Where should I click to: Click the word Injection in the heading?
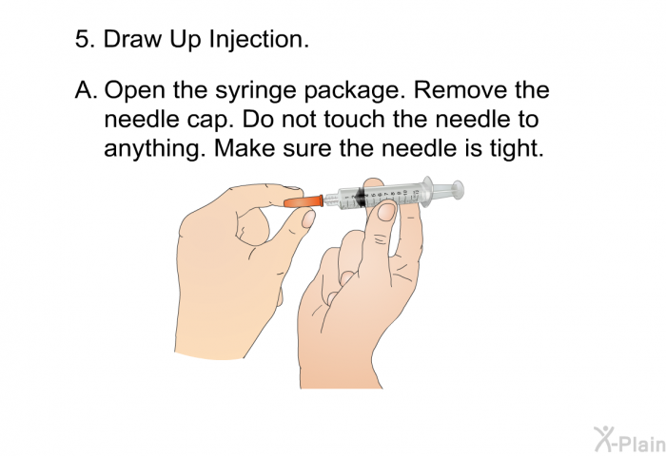pyautogui.click(x=256, y=40)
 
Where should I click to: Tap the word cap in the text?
pyautogui.click(x=214, y=123)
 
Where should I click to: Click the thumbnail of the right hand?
pyautogui.click(x=385, y=212)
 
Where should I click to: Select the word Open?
pyautogui.click(x=132, y=93)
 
